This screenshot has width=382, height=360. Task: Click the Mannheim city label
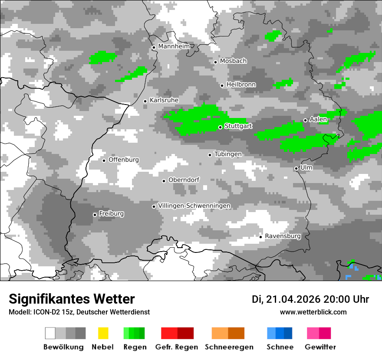point(174,46)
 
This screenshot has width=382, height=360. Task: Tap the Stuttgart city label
point(238,126)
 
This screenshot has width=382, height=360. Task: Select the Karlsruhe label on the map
point(164,100)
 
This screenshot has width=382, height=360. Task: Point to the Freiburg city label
point(111,214)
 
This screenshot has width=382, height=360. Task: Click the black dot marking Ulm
point(296,168)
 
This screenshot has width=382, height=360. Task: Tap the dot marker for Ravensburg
point(260,237)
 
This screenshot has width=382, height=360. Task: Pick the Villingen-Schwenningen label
point(194,206)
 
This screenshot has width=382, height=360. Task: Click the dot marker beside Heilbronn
point(222,85)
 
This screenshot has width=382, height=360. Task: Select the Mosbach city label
point(233,61)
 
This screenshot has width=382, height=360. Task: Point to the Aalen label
point(318,119)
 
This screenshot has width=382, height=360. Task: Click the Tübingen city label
point(228,154)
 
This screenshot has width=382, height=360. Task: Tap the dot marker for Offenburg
point(104,160)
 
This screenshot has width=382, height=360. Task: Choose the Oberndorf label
point(184,180)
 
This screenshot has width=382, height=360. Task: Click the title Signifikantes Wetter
point(72,299)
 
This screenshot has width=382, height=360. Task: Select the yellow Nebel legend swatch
point(103,333)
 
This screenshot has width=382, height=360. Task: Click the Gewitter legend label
point(320,347)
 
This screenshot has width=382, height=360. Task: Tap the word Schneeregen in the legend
point(229,347)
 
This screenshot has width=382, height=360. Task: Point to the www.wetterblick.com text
point(313,312)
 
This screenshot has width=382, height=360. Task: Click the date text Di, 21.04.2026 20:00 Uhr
point(310,299)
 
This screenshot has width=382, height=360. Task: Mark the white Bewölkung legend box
point(50,333)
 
